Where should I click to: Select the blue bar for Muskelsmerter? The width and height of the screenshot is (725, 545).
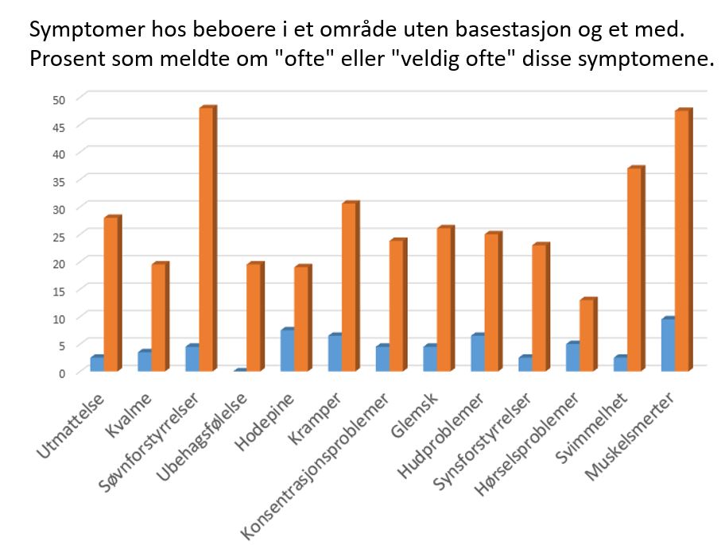(x=668, y=345)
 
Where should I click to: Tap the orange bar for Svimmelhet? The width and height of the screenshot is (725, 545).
(x=635, y=269)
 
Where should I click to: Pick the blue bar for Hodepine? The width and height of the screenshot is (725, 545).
(x=287, y=350)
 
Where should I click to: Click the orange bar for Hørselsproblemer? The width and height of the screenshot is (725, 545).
(x=587, y=335)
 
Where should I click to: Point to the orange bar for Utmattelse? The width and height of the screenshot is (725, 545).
(x=111, y=294)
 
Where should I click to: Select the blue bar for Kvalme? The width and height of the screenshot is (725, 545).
(x=144, y=361)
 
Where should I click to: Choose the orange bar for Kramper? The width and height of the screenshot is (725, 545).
(x=350, y=287)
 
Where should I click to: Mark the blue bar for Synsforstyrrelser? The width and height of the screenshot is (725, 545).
(x=525, y=363)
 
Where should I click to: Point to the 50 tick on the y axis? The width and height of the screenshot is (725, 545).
(x=58, y=99)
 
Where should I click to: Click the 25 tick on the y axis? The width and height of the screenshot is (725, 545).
(x=58, y=236)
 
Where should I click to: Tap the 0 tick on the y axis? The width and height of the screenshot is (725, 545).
(x=61, y=373)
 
